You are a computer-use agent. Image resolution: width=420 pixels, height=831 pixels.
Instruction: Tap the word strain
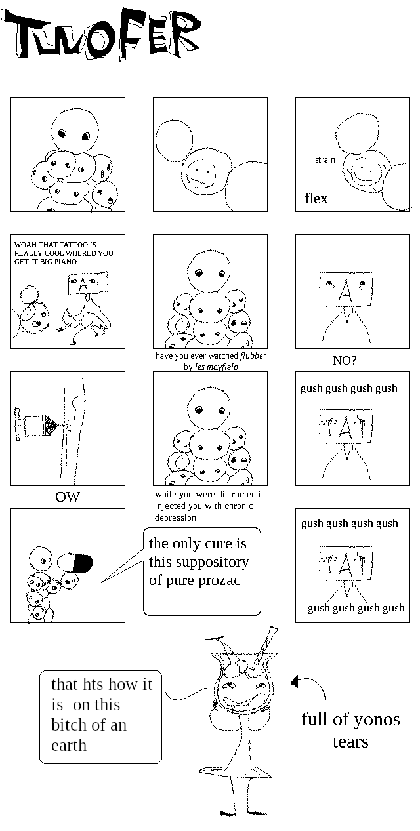point(325,160)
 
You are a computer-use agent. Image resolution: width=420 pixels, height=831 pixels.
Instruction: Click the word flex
point(316,199)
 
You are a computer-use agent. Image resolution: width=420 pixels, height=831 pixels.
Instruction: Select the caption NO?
point(345,360)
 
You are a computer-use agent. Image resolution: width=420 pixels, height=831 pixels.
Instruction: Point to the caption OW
point(67,497)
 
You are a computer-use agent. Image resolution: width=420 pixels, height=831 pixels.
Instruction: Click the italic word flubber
point(253,356)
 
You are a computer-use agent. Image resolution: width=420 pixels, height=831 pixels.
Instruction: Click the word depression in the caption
point(175,518)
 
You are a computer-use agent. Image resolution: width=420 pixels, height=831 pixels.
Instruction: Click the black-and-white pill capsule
point(75,563)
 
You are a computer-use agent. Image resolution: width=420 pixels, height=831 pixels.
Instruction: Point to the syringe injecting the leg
point(35,424)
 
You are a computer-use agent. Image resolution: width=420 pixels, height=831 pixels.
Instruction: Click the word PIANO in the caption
point(66,262)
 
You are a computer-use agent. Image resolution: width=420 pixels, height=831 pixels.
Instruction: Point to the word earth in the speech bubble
point(69,745)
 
